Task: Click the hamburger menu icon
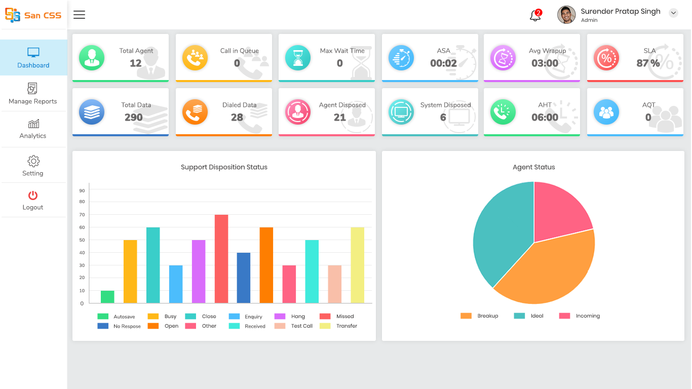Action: [79, 15]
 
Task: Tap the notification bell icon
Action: [535, 15]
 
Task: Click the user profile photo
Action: [566, 15]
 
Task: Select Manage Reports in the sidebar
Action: [33, 94]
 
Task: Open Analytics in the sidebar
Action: [33, 129]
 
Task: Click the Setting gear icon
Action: [33, 162]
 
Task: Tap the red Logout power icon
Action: [33, 195]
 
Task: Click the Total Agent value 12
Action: [136, 63]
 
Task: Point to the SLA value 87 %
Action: [648, 63]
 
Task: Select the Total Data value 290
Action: [134, 118]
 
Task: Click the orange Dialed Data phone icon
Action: [195, 112]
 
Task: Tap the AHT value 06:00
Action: [545, 118]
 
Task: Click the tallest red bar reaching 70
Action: [221, 259]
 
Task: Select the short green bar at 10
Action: [107, 297]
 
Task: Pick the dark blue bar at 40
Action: [244, 278]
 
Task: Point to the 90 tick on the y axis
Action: [82, 190]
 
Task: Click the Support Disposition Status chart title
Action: [224, 167]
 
